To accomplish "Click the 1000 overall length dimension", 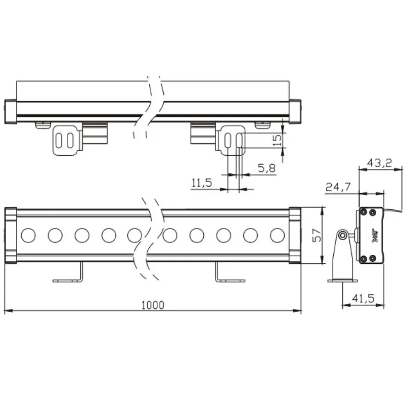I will point(153,305).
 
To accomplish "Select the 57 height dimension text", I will point(317,235).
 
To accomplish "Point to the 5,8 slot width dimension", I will point(266,168).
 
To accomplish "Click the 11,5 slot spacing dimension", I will point(201,183).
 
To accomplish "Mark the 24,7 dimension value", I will point(338,188).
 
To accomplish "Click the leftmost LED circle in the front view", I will point(28,235).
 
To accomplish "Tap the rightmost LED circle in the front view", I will point(277,235).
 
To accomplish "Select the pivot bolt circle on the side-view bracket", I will point(343,235).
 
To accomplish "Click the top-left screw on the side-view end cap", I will point(364,212).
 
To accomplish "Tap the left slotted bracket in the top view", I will point(66,140).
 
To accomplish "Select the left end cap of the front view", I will point(11,235).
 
